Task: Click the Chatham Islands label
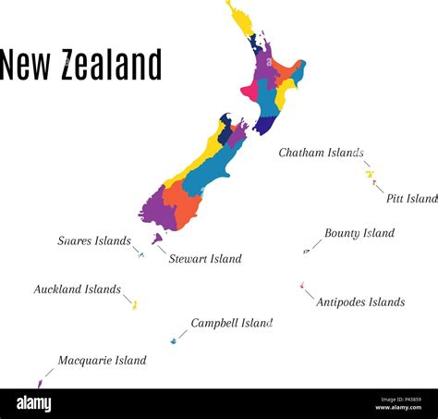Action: point(321,153)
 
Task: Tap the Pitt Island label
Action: point(411,199)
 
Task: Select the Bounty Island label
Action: point(359,234)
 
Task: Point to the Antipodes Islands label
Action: point(360,302)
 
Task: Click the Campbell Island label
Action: point(231,324)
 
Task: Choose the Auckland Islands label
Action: point(77,290)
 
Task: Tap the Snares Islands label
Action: point(94,241)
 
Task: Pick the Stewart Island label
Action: point(205,259)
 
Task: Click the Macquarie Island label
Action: point(102,361)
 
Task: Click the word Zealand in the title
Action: point(111,66)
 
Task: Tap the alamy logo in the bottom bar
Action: point(34,403)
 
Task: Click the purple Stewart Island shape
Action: point(157,239)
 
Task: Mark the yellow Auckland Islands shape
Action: point(134,304)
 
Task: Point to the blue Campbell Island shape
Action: point(173,341)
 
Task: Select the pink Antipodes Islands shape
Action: point(301,285)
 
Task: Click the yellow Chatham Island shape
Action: point(370,174)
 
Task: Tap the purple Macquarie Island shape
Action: point(39,383)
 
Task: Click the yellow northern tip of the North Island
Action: point(240,18)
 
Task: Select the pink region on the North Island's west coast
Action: point(249,92)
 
